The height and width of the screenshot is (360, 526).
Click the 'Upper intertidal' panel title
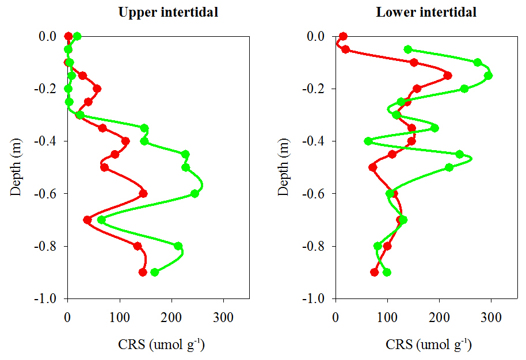[168, 12]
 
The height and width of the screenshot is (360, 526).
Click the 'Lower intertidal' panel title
[426, 12]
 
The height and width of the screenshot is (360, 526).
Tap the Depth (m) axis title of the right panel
[284, 167]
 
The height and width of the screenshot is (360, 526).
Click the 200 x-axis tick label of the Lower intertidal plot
[439, 316]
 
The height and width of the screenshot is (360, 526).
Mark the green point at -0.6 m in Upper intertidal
[195, 194]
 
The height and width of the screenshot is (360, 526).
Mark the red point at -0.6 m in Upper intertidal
[143, 194]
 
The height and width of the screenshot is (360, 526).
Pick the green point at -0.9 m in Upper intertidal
[154, 272]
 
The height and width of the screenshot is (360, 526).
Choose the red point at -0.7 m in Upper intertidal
[87, 220]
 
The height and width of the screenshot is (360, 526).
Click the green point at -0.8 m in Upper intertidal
[178, 246]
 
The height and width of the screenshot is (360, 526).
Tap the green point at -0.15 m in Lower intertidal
[488, 76]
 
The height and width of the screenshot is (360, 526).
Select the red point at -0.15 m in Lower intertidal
[448, 76]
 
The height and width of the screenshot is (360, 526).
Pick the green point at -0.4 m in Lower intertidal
[368, 141]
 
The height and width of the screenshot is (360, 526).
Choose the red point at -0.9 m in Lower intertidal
[374, 272]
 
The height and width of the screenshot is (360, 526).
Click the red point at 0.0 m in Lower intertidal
[344, 36]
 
